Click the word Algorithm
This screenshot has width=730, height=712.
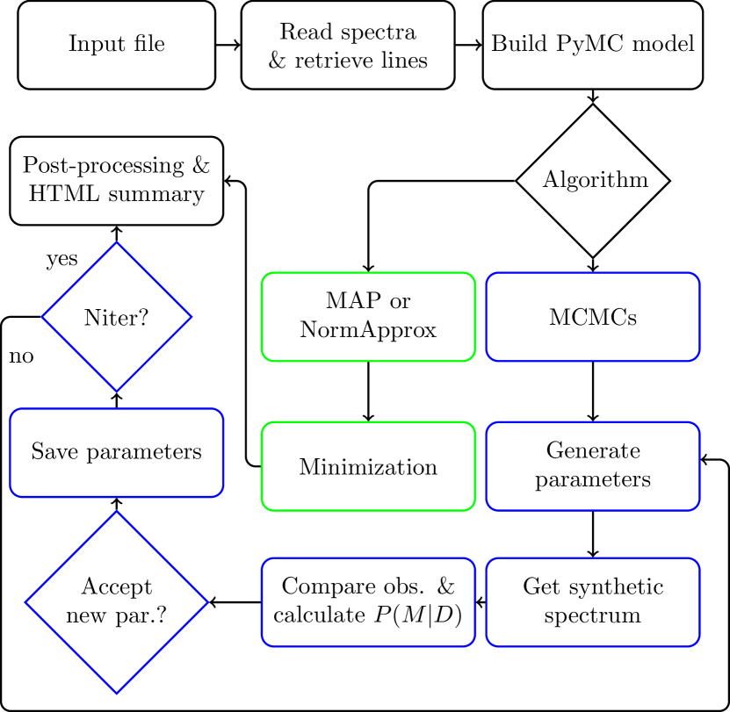(595, 180)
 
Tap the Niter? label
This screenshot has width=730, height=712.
(116, 318)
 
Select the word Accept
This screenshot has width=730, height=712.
(116, 586)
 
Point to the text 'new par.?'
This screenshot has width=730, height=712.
(116, 614)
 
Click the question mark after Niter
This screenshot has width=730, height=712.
(143, 318)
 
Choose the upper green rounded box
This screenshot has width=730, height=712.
(368, 317)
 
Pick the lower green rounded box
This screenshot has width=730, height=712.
(368, 466)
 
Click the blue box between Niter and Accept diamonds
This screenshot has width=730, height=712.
(117, 453)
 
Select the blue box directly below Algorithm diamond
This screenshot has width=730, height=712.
(593, 317)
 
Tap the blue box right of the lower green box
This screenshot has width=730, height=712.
(593, 466)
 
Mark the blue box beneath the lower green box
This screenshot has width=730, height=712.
(368, 602)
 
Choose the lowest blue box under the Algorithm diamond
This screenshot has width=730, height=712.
(593, 602)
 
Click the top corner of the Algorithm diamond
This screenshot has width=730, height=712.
(593, 107)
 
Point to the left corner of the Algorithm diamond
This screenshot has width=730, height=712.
(519, 181)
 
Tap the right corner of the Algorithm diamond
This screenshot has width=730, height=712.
(667, 181)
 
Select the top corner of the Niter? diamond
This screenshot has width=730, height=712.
(117, 244)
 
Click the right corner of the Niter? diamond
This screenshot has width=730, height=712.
(190, 317)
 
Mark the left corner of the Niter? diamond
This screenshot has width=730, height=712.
(44, 317)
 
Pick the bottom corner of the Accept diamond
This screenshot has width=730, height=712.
(117, 692)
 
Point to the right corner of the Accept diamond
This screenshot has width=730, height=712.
(206, 602)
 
